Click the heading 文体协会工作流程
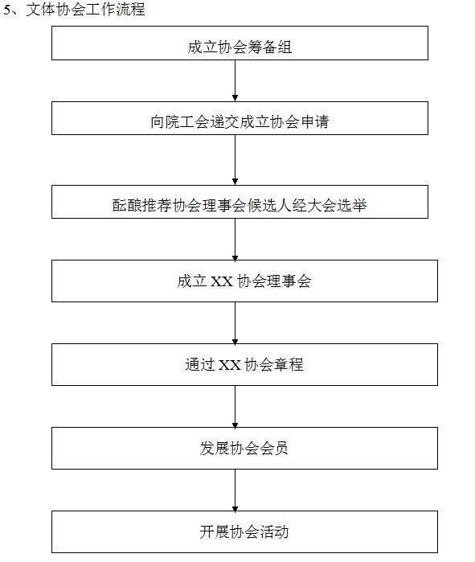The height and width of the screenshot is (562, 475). click(86, 9)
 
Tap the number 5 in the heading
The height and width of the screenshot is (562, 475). click(7, 10)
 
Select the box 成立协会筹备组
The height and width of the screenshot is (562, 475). click(240, 43)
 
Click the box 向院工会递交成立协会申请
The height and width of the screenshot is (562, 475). click(240, 118)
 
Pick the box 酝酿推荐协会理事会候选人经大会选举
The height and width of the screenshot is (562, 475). click(240, 202)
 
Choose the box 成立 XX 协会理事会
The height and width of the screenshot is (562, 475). click(244, 281)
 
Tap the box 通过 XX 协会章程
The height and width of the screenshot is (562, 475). click(244, 364)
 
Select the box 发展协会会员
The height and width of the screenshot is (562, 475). click(244, 448)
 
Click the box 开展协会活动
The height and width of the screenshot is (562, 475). click(244, 532)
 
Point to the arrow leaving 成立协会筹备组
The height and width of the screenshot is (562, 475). click(235, 80)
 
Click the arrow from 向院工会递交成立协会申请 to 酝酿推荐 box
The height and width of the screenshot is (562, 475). click(235, 160)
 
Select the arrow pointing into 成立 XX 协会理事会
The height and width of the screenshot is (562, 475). click(235, 239)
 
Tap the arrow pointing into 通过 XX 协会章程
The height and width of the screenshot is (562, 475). click(235, 322)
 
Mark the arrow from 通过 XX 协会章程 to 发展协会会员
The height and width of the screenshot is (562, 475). click(235, 407)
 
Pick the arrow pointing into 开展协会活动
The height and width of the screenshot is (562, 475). click(235, 490)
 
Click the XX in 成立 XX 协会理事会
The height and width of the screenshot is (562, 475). click(222, 281)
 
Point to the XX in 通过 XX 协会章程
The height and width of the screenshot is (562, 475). click(230, 365)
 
